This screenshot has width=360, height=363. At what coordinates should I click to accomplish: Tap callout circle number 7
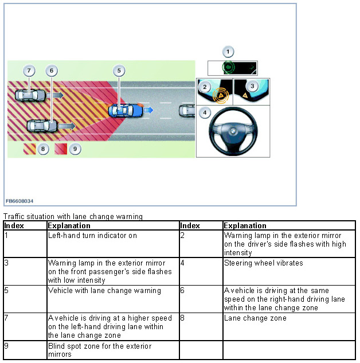pos(29,71)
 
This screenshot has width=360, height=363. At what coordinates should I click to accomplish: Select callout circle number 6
pos(52,71)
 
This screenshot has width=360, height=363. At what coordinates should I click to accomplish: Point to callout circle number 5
pos(119,71)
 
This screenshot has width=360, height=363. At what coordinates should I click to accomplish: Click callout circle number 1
pos(228,52)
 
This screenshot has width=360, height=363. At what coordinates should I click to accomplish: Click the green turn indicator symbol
pos(229,68)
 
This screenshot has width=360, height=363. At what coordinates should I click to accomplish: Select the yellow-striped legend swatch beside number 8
pos(29,149)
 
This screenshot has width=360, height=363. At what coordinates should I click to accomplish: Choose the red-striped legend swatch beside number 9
pos(61,149)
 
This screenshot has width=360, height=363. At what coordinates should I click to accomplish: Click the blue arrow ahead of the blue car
pos(148,110)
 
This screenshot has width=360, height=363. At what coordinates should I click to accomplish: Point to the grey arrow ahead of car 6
pos(66,124)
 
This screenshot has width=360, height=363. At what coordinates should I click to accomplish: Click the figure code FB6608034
pos(19,201)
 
